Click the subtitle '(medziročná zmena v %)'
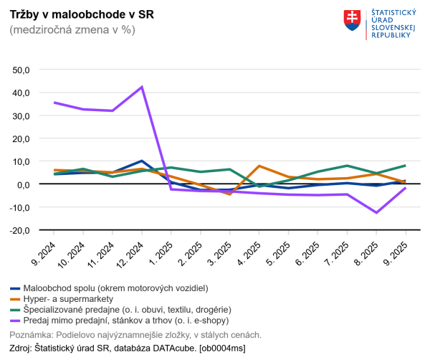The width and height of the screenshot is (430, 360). point(72,30)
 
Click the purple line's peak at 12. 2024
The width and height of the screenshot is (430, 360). point(142,87)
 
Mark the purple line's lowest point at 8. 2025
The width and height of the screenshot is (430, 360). point(377,212)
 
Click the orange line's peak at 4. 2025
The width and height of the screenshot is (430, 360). point(259,166)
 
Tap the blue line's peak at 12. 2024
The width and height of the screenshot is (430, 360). point(142,161)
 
